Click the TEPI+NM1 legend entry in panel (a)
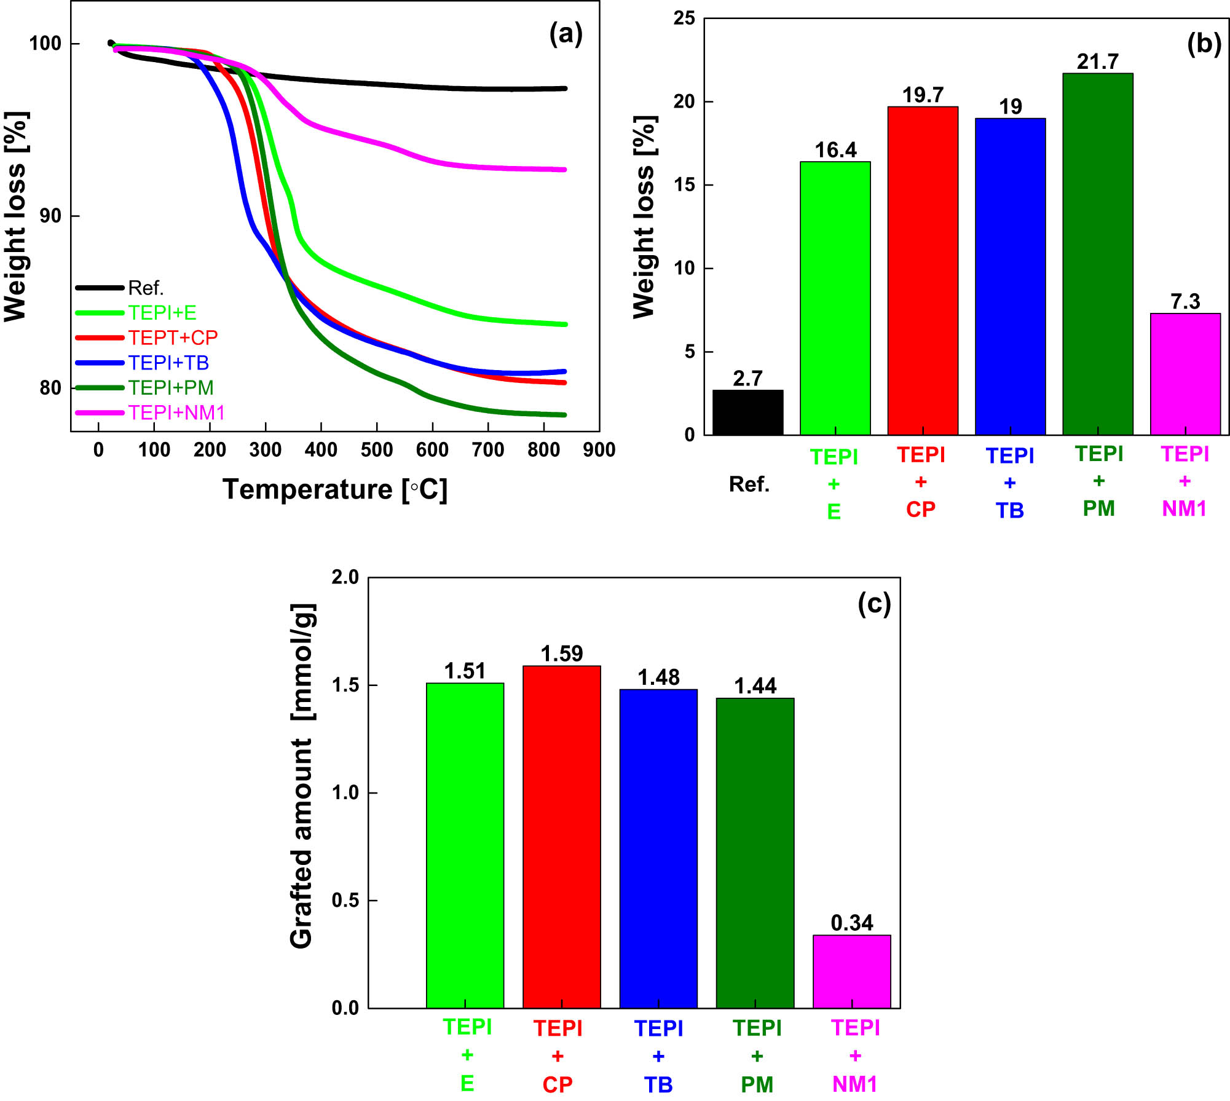tap(176, 412)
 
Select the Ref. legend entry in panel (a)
tap(145, 288)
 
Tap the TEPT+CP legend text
tap(173, 337)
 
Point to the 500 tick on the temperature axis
tap(377, 450)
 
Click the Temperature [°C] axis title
tap(335, 489)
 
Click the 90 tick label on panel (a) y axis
tap(50, 216)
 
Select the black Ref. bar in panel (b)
tap(747, 412)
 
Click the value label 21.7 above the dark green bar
tap(1097, 61)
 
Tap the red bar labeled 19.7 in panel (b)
tap(922, 270)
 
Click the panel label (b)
tap(1204, 44)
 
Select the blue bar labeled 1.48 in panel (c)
tap(658, 848)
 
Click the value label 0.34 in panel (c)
tap(851, 923)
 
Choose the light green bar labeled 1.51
tap(465, 845)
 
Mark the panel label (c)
tap(873, 604)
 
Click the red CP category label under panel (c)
tap(557, 1084)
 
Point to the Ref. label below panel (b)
tap(749, 484)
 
